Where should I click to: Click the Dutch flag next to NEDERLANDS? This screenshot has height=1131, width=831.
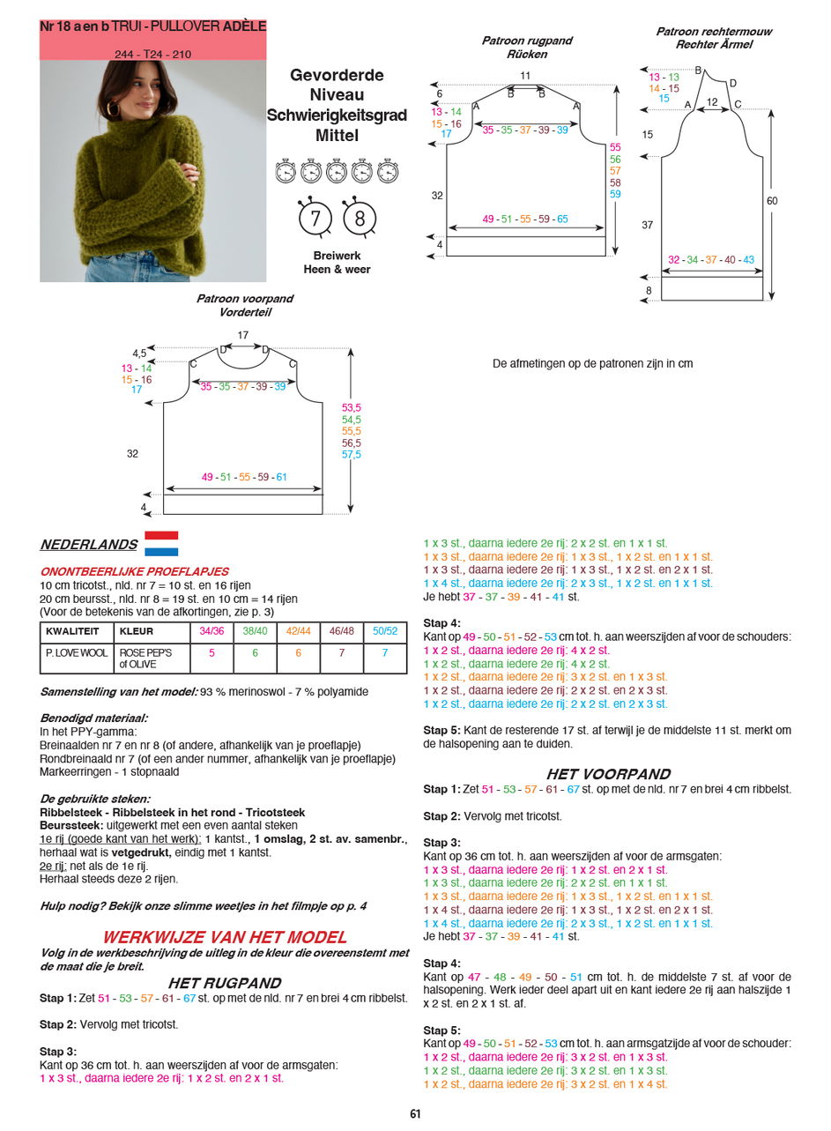pyautogui.click(x=161, y=543)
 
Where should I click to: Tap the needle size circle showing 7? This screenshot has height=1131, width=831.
pyautogui.click(x=315, y=217)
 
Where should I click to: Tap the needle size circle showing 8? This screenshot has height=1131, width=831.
pyautogui.click(x=360, y=217)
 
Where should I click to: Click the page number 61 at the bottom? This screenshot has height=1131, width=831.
pyautogui.click(x=415, y=1113)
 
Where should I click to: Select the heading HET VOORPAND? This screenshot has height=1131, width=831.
pyautogui.click(x=608, y=774)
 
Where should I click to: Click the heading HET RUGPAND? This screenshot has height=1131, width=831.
pyautogui.click(x=225, y=983)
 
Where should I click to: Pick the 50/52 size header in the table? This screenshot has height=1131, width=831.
pyautogui.click(x=385, y=631)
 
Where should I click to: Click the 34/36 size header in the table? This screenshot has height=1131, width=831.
pyautogui.click(x=211, y=631)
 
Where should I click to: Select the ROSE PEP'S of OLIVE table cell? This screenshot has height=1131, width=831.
pyautogui.click(x=146, y=659)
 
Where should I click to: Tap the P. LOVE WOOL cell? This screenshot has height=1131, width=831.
pyautogui.click(x=77, y=653)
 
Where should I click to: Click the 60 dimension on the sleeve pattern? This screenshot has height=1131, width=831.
pyautogui.click(x=772, y=201)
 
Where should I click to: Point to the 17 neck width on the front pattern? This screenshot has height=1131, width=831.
pyautogui.click(x=243, y=335)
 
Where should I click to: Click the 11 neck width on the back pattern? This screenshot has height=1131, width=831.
pyautogui.click(x=525, y=76)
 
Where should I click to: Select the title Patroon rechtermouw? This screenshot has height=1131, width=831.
pyautogui.click(x=713, y=32)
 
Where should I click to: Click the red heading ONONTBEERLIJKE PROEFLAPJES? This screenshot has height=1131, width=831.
pyautogui.click(x=134, y=571)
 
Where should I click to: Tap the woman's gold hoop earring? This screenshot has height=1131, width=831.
pyautogui.click(x=114, y=109)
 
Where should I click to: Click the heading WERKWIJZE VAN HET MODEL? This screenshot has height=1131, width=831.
pyautogui.click(x=225, y=937)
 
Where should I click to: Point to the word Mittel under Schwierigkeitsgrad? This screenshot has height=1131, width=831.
pyautogui.click(x=337, y=136)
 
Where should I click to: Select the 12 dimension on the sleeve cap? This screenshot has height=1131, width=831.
pyautogui.click(x=712, y=102)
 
